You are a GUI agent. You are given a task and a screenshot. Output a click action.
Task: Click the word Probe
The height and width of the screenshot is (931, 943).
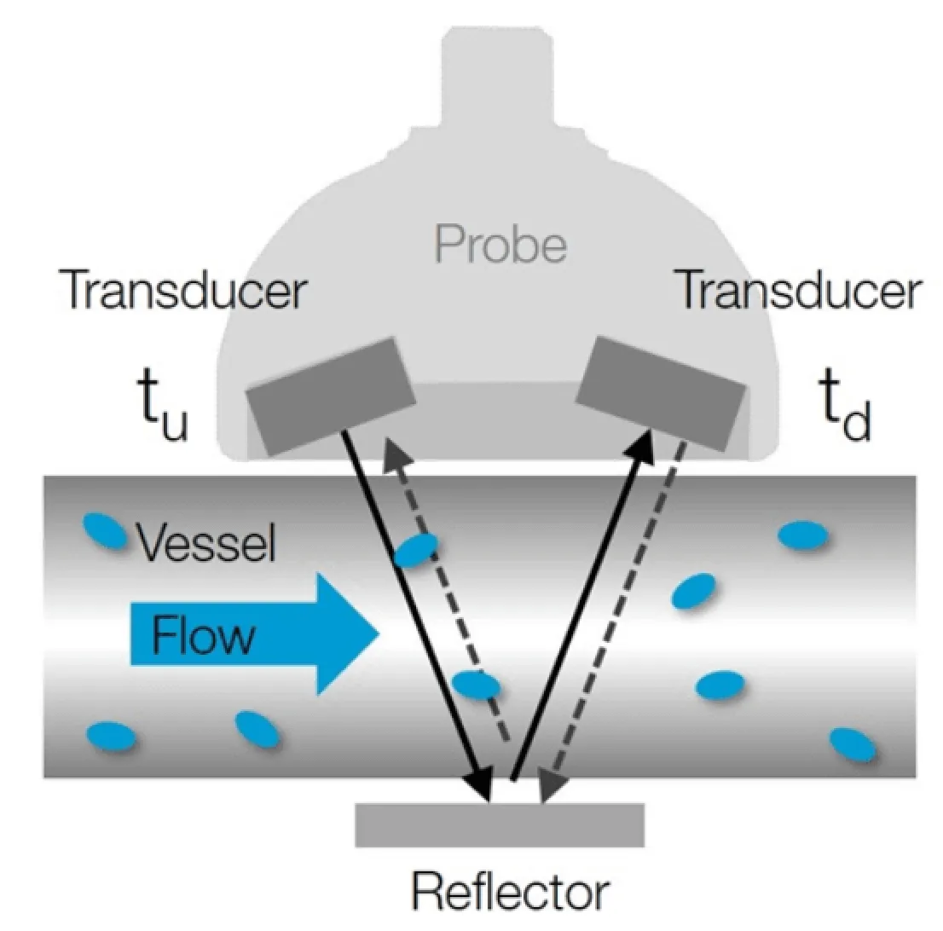click(500, 245)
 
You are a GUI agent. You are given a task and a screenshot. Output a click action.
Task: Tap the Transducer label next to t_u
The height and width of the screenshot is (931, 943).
click(182, 291)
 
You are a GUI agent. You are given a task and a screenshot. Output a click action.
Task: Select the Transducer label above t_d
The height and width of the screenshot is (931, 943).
click(797, 291)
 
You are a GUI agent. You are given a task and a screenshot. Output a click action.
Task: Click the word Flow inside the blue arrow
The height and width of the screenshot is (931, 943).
click(204, 635)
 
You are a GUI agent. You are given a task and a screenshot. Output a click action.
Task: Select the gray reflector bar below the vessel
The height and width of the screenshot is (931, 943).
click(499, 824)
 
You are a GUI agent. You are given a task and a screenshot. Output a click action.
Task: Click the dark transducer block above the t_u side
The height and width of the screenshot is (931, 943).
click(331, 396)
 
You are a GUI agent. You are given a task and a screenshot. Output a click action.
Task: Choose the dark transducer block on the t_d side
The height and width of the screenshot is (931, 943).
click(662, 392)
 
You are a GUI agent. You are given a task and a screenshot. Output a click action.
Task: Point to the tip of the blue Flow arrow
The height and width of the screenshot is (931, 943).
click(376, 633)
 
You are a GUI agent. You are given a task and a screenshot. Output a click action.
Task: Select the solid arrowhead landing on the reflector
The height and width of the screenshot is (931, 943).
click(483, 789)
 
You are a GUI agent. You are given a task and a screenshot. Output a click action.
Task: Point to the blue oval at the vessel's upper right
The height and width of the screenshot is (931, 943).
click(801, 535)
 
